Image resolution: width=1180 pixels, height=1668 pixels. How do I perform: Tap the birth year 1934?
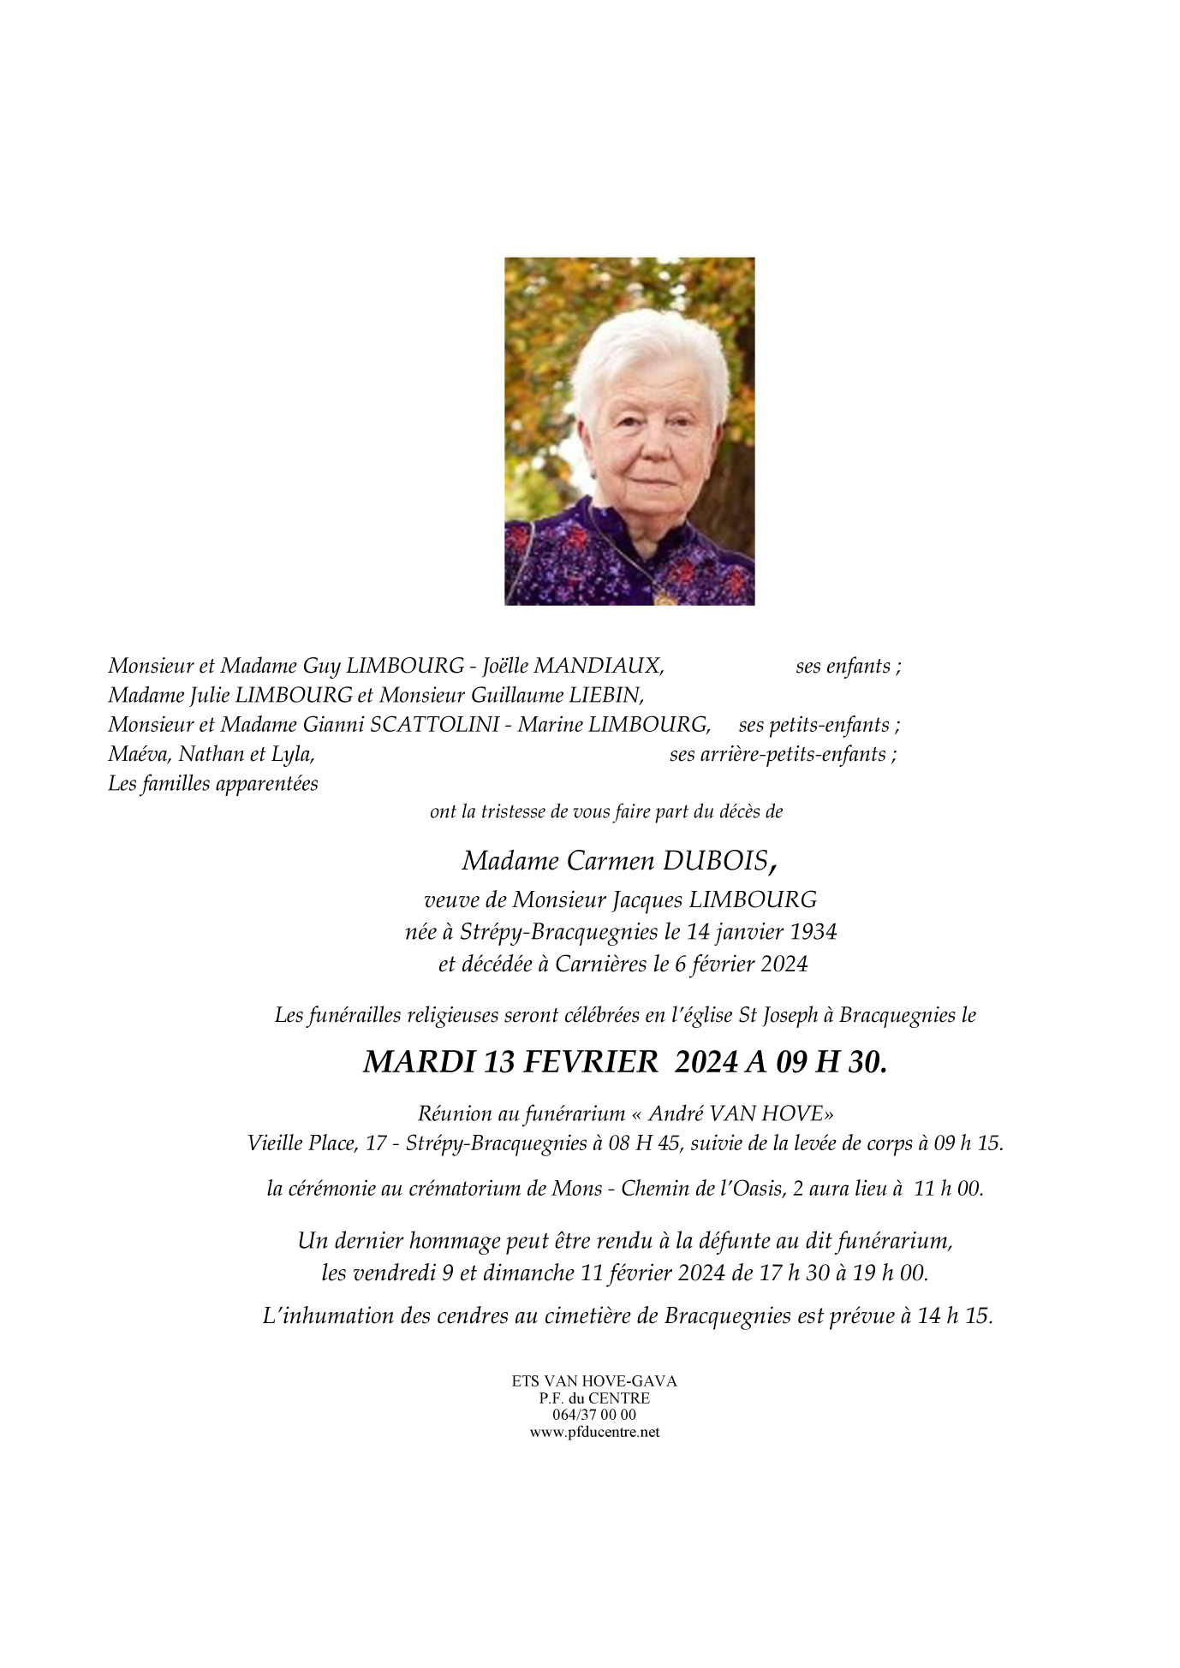pyautogui.click(x=808, y=931)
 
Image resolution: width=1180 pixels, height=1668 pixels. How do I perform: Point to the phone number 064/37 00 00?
pyautogui.click(x=594, y=1416)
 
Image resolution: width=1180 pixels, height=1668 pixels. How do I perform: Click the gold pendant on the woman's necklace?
pyautogui.click(x=662, y=598)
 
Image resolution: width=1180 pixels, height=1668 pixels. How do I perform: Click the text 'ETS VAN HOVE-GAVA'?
pyautogui.click(x=594, y=1381)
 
